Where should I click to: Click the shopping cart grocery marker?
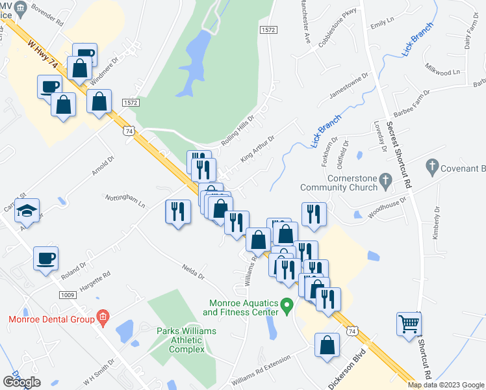407,323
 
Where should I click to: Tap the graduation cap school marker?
27,210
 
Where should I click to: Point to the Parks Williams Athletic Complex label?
186,340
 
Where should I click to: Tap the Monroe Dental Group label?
49,318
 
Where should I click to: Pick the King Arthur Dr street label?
258,148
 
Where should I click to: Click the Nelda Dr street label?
194,270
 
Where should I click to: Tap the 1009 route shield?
68,294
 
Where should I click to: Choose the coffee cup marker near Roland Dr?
45,259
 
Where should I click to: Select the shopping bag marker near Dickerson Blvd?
327,346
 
